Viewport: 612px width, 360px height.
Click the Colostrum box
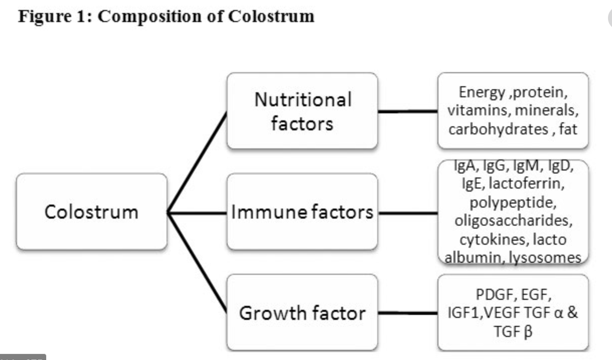(91, 212)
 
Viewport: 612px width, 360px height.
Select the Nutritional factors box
(302, 111)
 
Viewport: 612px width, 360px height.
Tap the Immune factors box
(302, 212)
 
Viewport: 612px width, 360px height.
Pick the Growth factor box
(302, 313)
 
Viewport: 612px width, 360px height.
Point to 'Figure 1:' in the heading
(54, 17)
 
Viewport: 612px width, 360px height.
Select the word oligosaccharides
(513, 221)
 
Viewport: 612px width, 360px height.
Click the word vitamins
(477, 110)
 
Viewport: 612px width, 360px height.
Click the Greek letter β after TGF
(527, 332)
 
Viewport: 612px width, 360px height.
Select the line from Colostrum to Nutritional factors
(197, 162)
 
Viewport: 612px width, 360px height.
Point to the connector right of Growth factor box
(407, 313)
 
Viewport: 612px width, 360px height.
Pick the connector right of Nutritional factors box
(407, 111)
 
